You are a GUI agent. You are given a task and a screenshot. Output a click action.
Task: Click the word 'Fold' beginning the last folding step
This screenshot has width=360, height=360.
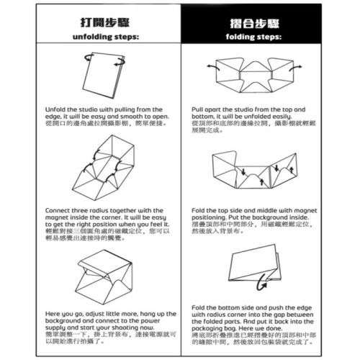pyautogui.click(x=199, y=307)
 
